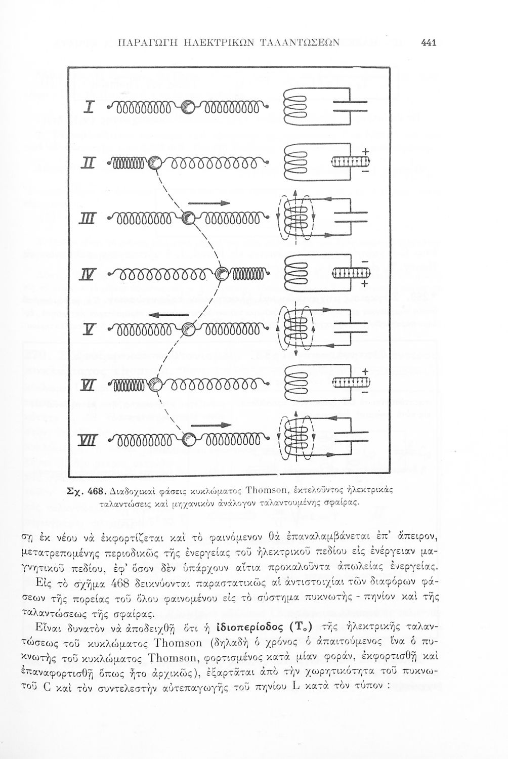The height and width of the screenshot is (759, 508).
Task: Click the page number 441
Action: click(429, 43)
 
